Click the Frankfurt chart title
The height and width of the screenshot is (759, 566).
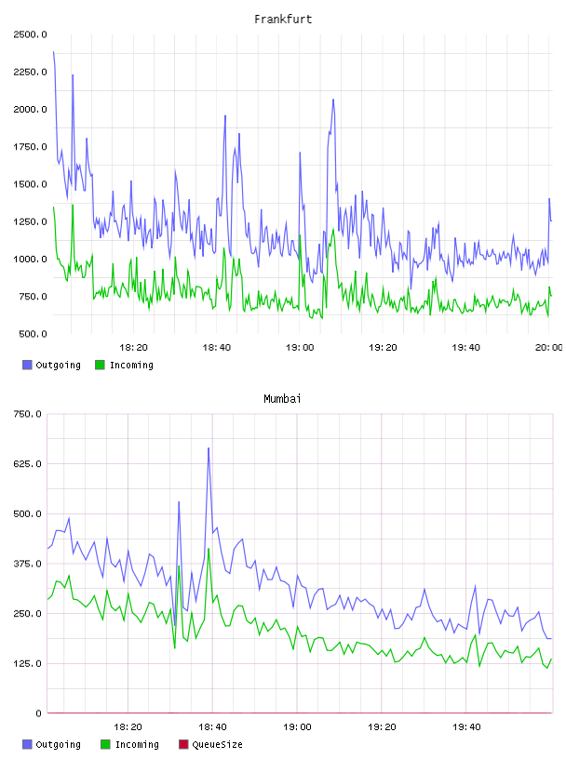[x=283, y=20]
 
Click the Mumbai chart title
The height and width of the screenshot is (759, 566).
[x=282, y=399]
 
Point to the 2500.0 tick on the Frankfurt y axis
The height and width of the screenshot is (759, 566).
[x=30, y=34]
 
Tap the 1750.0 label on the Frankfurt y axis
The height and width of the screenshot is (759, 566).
[x=30, y=147]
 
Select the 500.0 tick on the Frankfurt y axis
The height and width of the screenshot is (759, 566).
[x=33, y=334]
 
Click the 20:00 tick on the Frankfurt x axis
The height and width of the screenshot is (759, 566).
[x=548, y=348]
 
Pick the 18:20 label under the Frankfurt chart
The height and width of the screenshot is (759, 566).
[x=133, y=348]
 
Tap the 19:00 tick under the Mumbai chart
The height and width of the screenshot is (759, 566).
[x=297, y=727]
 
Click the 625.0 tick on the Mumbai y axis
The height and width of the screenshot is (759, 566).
[x=28, y=464]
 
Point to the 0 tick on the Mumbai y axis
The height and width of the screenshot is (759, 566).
[x=38, y=713]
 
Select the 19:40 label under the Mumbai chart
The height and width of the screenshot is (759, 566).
[x=466, y=727]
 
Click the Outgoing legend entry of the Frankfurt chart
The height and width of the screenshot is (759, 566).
[x=51, y=365]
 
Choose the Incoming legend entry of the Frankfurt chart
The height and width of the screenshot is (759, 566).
[x=124, y=365]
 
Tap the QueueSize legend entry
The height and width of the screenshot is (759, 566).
[x=210, y=744]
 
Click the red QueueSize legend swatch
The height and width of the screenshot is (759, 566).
[x=183, y=744]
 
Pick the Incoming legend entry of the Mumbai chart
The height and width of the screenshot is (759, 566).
[x=129, y=744]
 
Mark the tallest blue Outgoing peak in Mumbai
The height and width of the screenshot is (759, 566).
[x=209, y=448]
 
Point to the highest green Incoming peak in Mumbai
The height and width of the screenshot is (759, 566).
[x=209, y=549]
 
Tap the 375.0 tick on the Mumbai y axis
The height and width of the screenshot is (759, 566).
[x=28, y=564]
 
